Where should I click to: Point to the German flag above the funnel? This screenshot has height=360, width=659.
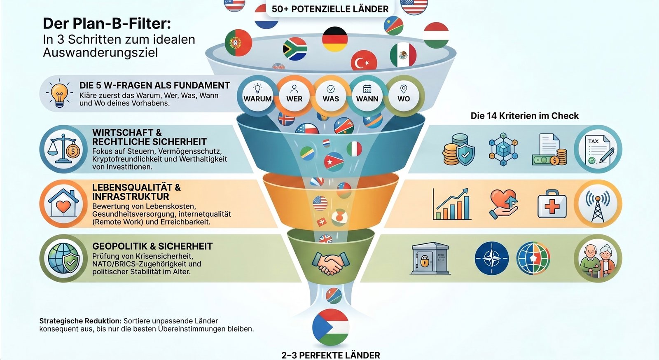335,39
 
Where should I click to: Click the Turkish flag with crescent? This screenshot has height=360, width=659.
364,61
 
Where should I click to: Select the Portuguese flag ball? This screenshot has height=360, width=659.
238,43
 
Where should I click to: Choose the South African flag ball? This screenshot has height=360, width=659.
295,49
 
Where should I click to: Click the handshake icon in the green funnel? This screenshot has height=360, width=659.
331,263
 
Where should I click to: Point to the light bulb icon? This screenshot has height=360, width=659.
59,93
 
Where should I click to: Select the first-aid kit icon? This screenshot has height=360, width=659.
552,204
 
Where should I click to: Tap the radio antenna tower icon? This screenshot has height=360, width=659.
598,204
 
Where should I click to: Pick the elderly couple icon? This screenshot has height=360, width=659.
598,259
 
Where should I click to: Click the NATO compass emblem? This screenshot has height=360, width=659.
492,258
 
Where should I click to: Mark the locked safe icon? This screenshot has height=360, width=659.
430,258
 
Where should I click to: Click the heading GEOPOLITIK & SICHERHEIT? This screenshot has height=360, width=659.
152,246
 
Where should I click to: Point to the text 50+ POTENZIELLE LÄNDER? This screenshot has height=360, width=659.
330,9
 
